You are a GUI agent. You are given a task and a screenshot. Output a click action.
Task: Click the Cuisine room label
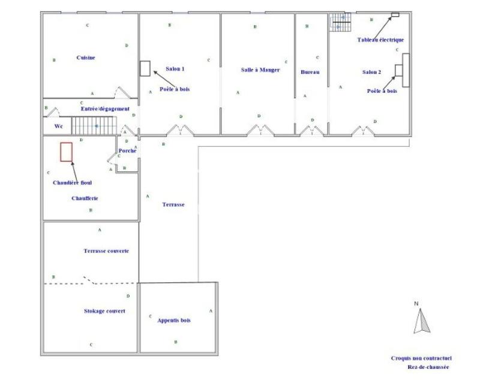point(86,58)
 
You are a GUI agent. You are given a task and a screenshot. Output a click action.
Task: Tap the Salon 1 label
point(175,70)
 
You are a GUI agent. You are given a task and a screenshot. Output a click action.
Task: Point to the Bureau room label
point(310,72)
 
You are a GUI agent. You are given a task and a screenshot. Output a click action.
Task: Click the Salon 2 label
point(371,72)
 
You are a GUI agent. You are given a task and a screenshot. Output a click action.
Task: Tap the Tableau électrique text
point(380,40)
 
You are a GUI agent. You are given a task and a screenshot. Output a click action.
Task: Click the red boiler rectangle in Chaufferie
point(67,151)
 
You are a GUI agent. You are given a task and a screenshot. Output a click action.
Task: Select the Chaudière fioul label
point(72,182)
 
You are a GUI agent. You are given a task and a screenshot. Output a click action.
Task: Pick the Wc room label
point(59,126)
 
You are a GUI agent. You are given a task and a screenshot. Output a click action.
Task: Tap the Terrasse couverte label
point(106,251)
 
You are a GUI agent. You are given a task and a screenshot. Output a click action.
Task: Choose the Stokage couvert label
point(104,311)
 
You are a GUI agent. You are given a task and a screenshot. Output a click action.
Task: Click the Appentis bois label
point(174,321)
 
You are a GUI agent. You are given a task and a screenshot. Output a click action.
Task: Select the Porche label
point(127,150)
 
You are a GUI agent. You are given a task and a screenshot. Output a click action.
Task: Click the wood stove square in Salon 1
point(145,68)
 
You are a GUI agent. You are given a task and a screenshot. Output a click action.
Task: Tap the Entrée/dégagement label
point(105,108)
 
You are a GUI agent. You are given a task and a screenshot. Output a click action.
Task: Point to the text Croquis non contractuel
point(421,358)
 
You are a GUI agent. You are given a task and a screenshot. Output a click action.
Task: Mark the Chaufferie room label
point(85,198)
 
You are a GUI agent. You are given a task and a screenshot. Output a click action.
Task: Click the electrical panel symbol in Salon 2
point(395,15)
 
